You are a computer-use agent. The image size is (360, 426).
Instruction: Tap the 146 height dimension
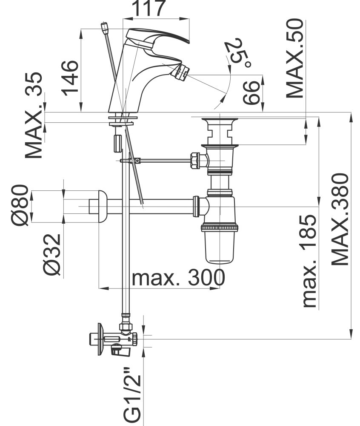point(70,78)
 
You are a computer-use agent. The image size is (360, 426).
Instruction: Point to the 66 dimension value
point(251,93)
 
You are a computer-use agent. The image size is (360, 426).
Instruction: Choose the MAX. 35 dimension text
point(34,115)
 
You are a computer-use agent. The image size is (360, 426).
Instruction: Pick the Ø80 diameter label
point(20,205)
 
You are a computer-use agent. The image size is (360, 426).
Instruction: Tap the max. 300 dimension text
point(178,277)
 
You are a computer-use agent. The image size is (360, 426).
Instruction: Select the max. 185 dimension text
point(309,261)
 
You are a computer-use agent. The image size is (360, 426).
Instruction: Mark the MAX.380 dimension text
point(340,219)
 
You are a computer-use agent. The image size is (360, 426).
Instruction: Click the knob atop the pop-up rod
point(105,27)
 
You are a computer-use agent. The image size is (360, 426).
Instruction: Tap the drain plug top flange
point(220,120)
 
